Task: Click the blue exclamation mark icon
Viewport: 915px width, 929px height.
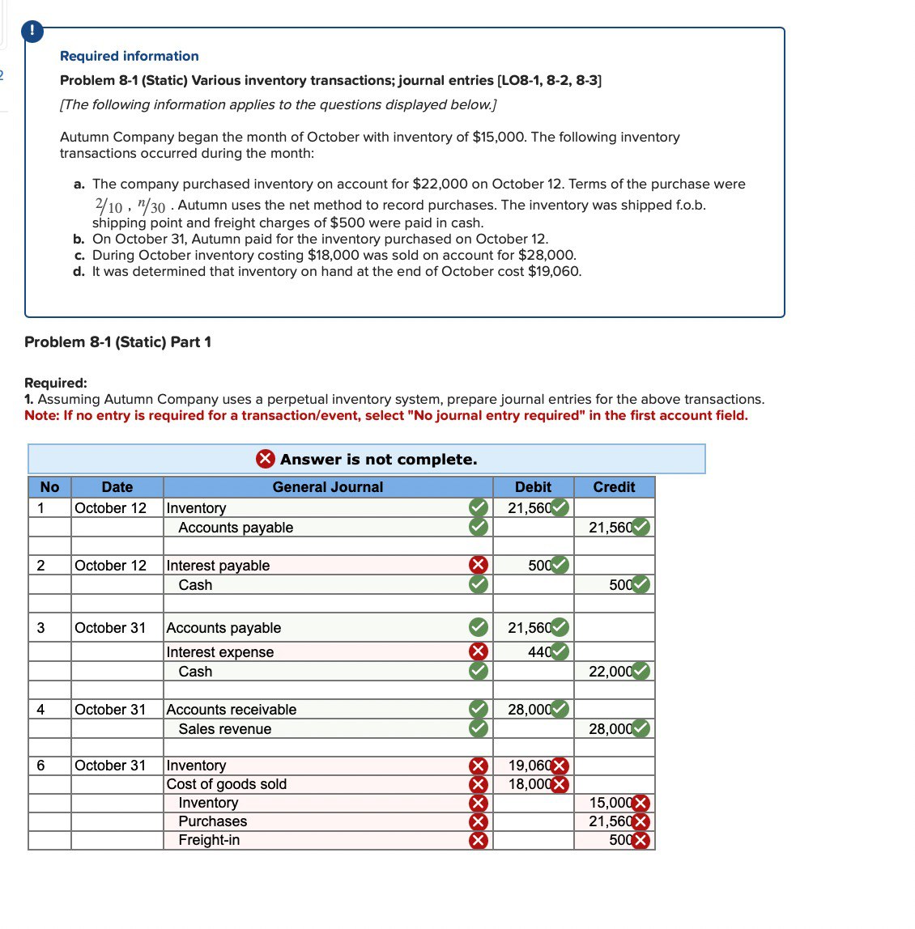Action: [x=31, y=32]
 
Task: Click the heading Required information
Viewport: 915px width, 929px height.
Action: [x=129, y=56]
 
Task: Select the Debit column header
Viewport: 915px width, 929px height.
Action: [x=533, y=487]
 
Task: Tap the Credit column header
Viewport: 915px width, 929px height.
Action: [x=614, y=487]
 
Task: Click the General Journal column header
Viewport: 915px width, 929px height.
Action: [x=327, y=487]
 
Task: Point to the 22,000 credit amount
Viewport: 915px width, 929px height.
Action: [x=610, y=672]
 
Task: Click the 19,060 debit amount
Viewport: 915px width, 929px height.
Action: [x=529, y=766]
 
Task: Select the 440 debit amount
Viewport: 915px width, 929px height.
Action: [x=539, y=652]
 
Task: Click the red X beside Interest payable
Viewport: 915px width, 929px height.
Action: [x=479, y=565]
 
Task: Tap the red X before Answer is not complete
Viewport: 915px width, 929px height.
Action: [x=266, y=459]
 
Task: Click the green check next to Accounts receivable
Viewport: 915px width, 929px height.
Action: [x=479, y=710]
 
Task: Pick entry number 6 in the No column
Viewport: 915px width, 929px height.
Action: [x=41, y=766]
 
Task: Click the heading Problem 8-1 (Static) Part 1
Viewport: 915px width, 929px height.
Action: [x=117, y=342]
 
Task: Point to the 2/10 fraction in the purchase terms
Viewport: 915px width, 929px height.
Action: [x=109, y=206]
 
